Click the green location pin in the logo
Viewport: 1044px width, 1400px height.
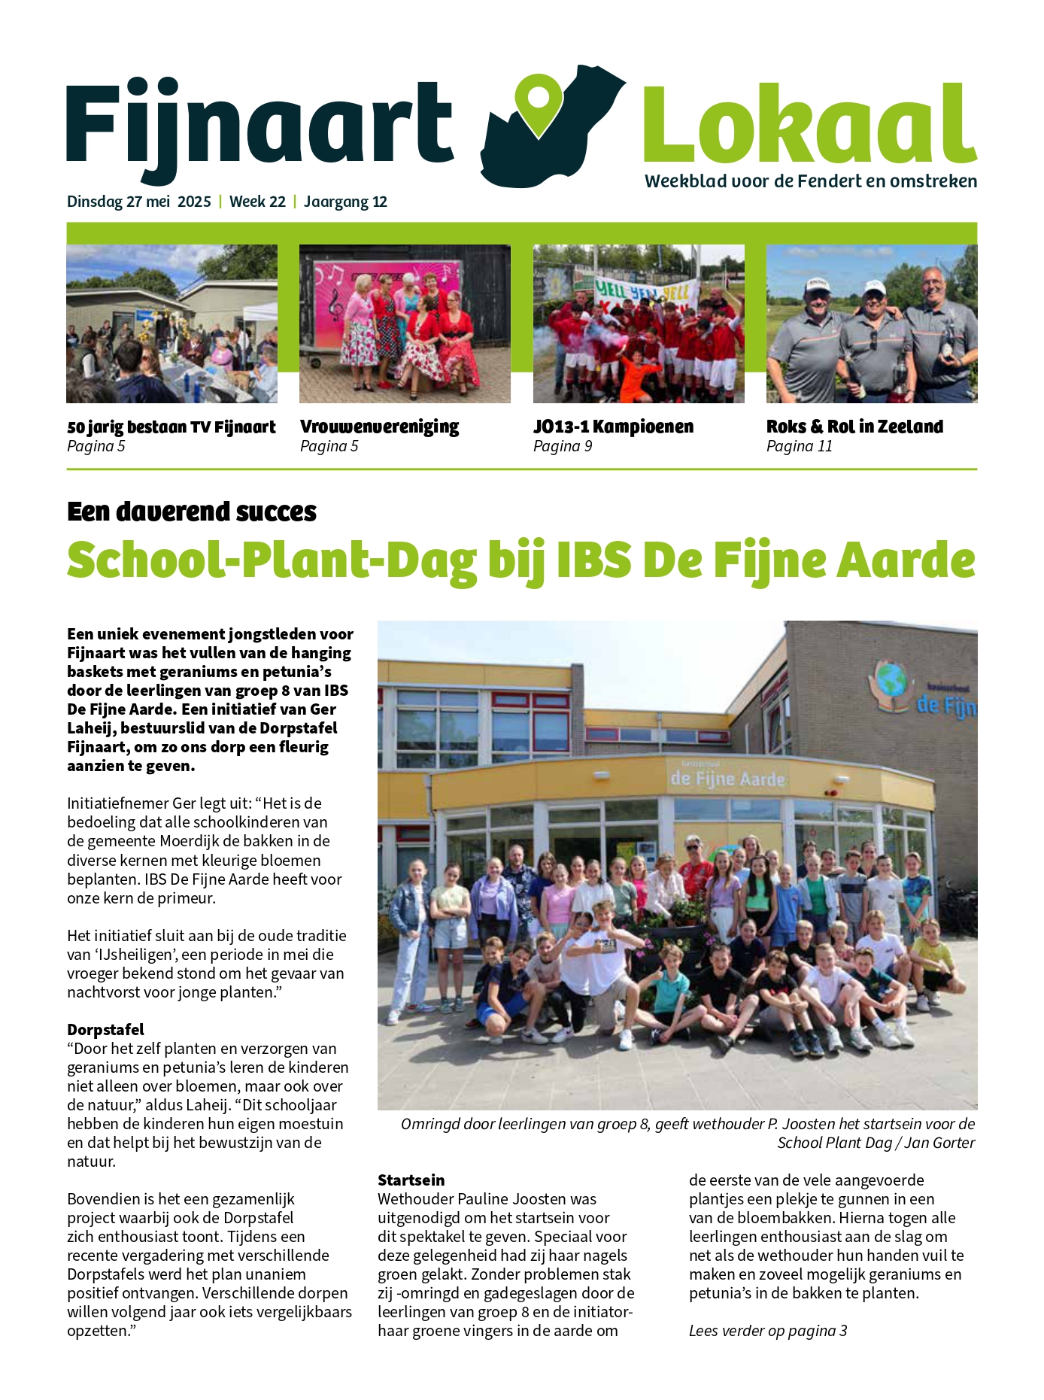(x=540, y=103)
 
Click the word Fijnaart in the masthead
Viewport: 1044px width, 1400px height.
(x=259, y=124)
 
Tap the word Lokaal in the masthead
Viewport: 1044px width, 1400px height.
(x=809, y=124)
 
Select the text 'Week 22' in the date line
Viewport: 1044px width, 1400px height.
(x=257, y=202)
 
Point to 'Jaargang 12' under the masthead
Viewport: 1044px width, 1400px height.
(x=345, y=202)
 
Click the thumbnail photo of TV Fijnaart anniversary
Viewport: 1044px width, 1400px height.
(x=171, y=323)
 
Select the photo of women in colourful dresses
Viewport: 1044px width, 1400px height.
(x=405, y=323)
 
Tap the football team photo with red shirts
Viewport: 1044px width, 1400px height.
(x=639, y=323)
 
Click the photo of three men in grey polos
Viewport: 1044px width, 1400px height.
(x=872, y=323)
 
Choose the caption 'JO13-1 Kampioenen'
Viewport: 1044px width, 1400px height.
(x=613, y=427)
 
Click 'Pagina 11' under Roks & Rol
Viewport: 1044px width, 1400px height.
(x=799, y=446)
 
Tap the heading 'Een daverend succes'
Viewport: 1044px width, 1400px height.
(x=192, y=512)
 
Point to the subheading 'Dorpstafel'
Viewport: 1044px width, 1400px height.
(x=105, y=1029)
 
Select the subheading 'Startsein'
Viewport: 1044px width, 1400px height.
(x=411, y=1180)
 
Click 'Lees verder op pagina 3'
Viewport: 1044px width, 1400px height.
(x=768, y=1330)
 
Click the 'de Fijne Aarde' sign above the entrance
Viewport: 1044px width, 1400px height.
(x=727, y=778)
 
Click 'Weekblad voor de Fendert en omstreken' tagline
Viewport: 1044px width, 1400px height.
(x=811, y=181)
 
